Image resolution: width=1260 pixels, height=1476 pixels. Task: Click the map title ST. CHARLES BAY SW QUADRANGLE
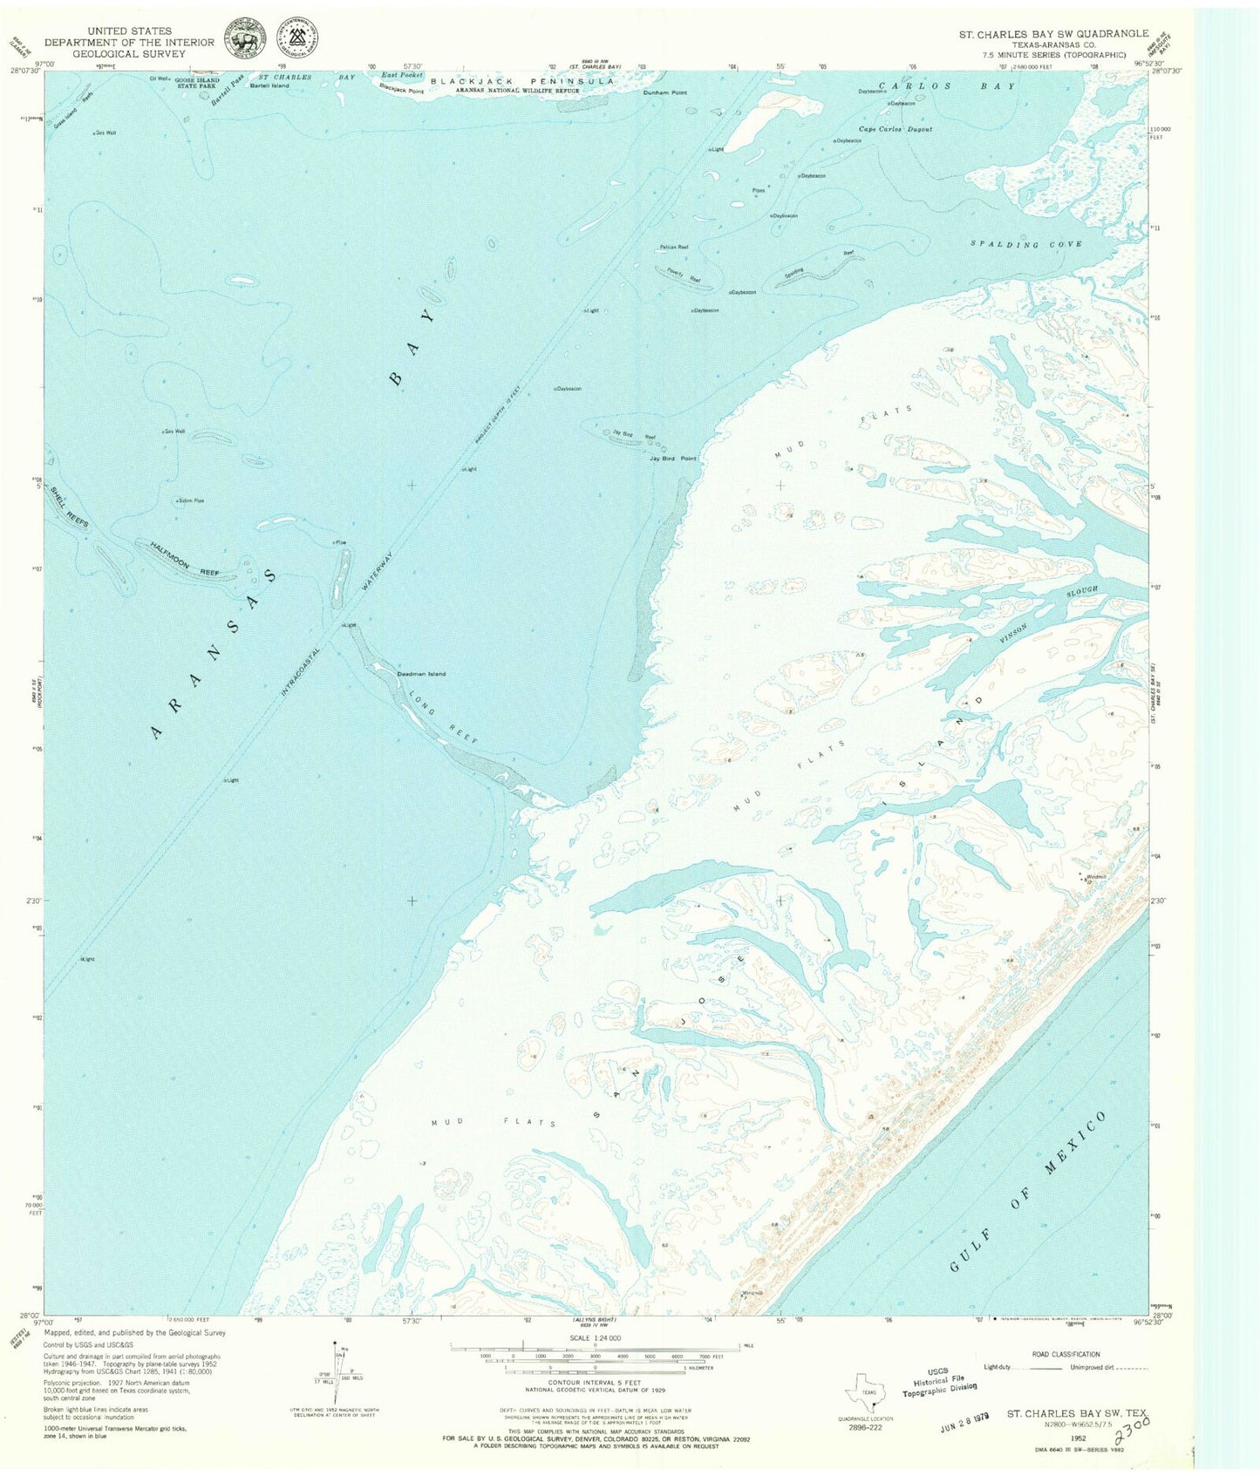pos(1053,33)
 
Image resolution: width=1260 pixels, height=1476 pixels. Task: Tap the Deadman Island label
pos(421,674)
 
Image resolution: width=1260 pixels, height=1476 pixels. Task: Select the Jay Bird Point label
pos(672,458)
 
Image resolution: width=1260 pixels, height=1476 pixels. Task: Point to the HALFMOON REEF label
pos(184,559)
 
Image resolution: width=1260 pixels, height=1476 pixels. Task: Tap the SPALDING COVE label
pos(1026,245)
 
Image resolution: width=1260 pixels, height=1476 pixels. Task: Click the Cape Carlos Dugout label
pos(896,129)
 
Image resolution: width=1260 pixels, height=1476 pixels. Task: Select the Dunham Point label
pos(665,92)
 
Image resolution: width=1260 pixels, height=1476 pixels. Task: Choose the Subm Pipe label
pos(190,500)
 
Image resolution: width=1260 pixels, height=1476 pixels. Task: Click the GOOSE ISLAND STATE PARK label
pos(196,83)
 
